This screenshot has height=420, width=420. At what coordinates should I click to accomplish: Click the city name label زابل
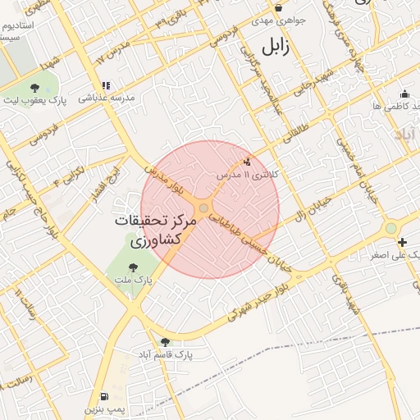(x=276, y=48)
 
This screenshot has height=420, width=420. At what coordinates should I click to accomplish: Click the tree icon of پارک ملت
(x=133, y=266)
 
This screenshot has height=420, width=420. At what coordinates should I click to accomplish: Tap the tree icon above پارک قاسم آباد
(x=166, y=341)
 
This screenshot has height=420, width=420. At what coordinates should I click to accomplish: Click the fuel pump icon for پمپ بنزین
(x=103, y=395)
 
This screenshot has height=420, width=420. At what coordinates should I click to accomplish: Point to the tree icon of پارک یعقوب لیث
(x=34, y=87)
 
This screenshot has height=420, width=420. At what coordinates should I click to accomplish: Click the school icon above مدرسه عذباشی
(x=106, y=84)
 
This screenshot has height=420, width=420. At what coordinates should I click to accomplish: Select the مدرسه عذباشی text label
(x=106, y=98)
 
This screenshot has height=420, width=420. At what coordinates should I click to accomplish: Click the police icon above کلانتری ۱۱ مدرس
(x=248, y=162)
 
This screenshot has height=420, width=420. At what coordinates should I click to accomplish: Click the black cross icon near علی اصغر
(x=402, y=242)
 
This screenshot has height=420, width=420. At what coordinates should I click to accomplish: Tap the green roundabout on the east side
(x=391, y=228)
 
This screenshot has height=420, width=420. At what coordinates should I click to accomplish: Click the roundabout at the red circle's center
(x=203, y=208)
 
